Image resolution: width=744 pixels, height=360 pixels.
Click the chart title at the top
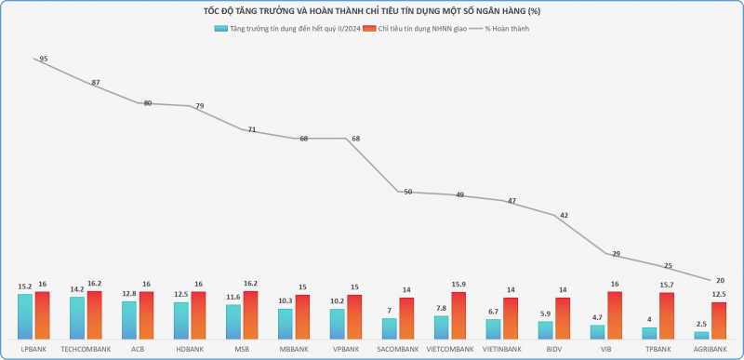[372, 11]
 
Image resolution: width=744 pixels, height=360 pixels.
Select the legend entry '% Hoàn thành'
[499, 29]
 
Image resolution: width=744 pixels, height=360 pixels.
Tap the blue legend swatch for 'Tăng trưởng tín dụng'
[220, 29]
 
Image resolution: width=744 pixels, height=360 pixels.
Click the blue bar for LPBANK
[25, 316]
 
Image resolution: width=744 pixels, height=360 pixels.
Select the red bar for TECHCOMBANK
[95, 315]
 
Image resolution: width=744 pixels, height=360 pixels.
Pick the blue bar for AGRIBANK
[701, 335]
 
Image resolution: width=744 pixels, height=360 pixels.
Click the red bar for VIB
[615, 315]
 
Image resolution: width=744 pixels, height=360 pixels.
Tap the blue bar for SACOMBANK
[389, 328]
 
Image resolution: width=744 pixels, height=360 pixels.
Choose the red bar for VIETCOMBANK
[458, 315]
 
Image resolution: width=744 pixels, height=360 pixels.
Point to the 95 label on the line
[44, 59]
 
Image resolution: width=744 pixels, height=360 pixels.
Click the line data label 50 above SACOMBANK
[408, 192]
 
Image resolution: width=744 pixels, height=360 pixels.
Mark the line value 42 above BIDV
[565, 215]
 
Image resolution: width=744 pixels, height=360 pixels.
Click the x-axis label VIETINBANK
[502, 350]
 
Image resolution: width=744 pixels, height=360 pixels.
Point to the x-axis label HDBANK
[190, 350]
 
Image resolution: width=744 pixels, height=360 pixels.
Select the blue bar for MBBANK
[286, 324]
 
